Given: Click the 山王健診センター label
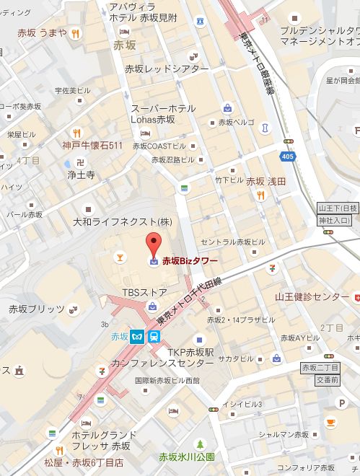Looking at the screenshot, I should tap(312, 297).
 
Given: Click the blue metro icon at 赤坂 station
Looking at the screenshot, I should tap(137, 335).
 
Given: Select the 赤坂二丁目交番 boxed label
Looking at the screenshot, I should tap(319, 373).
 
